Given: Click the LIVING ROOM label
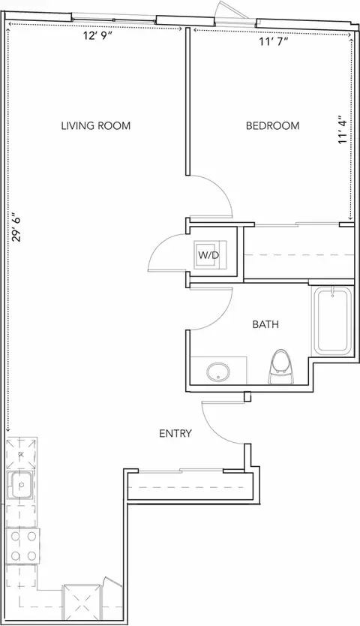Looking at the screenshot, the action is pyautogui.click(x=96, y=126).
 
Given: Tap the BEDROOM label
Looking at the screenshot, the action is pyautogui.click(x=272, y=126).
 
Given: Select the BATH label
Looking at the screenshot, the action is pyautogui.click(x=265, y=324).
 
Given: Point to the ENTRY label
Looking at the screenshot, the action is pyautogui.click(x=175, y=433).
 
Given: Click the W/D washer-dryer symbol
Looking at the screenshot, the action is pyautogui.click(x=210, y=254).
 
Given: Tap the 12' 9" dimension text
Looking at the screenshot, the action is pyautogui.click(x=95, y=36).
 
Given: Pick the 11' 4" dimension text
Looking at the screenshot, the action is pyautogui.click(x=343, y=130).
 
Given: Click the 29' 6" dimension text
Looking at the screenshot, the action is pyautogui.click(x=16, y=228).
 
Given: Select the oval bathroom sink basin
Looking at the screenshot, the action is pyautogui.click(x=218, y=372).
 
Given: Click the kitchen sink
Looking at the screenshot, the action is pyautogui.click(x=21, y=485).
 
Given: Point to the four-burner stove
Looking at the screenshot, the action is pyautogui.click(x=22, y=546).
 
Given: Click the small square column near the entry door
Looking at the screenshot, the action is pyautogui.click(x=247, y=396).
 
